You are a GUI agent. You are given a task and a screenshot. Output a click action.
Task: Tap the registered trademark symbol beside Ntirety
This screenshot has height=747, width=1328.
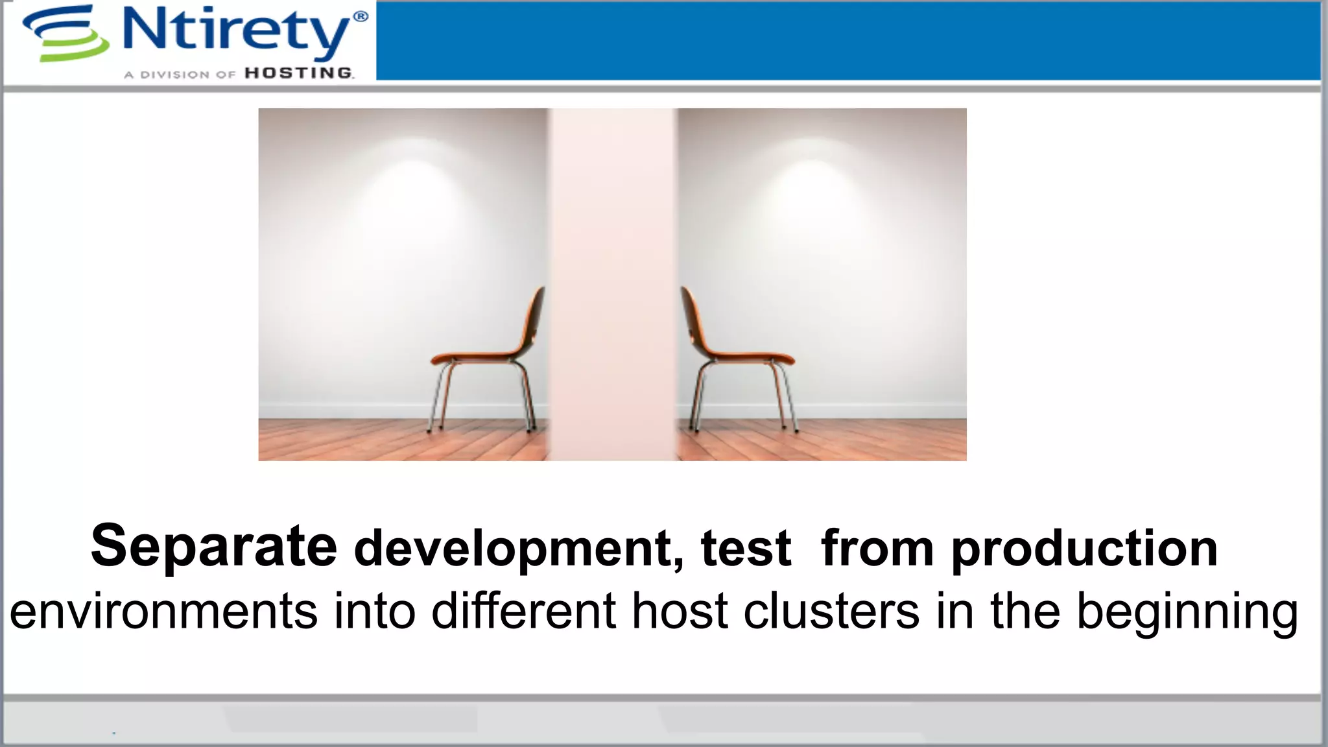point(361,17)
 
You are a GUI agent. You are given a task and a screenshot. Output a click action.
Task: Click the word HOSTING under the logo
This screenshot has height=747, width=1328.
point(299,73)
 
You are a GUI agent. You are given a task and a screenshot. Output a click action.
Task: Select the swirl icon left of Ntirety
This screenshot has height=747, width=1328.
point(65,34)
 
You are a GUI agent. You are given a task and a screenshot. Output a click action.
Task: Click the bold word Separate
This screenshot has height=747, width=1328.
point(214,546)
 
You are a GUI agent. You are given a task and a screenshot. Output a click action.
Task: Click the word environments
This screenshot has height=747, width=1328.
point(164,611)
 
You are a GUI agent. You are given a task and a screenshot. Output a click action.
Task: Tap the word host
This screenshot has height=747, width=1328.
point(680,611)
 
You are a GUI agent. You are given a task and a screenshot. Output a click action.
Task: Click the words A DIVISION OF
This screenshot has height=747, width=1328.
point(180,75)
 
